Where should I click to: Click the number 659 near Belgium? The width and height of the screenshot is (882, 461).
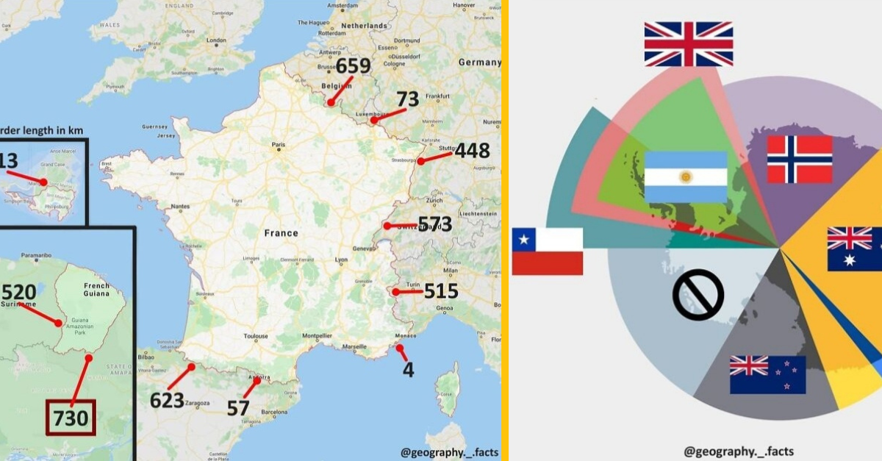click(354, 67)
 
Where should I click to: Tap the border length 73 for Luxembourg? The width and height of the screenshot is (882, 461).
click(407, 99)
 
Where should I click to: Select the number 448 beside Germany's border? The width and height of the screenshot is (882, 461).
click(472, 151)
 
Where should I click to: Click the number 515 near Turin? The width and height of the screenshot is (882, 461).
click(440, 291)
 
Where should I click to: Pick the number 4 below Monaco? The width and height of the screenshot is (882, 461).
click(408, 369)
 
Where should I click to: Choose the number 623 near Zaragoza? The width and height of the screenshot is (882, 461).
click(166, 400)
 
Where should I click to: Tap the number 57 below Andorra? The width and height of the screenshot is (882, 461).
click(238, 407)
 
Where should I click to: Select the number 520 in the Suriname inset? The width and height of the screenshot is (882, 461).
click(19, 291)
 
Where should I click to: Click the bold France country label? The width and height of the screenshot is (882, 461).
click(282, 233)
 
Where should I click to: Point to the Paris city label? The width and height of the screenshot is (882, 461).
click(278, 145)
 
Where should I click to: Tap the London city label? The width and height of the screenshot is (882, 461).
click(216, 41)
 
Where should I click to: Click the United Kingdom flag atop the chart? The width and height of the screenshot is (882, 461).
click(688, 44)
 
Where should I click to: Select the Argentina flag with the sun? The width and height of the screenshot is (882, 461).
click(685, 176)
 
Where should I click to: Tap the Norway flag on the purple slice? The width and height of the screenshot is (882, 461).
click(799, 159)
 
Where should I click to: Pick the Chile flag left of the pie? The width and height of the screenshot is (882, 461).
click(548, 251)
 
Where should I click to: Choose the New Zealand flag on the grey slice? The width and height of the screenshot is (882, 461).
click(767, 374)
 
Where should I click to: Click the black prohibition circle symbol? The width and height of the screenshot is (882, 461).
click(698, 295)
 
